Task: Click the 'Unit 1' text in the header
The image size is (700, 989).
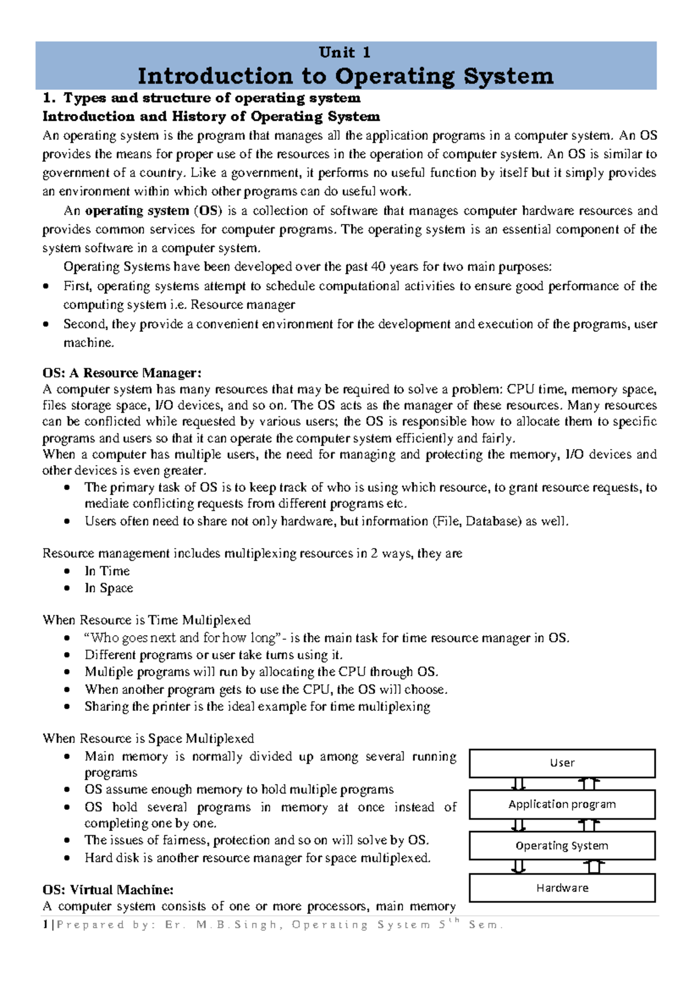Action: coord(345,52)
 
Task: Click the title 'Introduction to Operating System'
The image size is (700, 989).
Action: coord(345,76)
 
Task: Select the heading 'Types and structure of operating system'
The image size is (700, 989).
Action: coord(211,98)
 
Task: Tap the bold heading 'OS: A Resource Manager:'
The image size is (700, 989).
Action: coord(122,373)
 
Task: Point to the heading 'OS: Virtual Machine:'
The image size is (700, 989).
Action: coord(108,890)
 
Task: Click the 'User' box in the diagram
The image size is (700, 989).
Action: coord(562,763)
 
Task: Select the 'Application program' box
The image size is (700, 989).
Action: coord(562,805)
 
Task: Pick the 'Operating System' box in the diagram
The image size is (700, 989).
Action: coord(562,846)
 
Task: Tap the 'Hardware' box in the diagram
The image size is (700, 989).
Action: coord(562,888)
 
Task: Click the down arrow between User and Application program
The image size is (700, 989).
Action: coord(519,784)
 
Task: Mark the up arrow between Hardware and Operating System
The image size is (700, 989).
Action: coord(594,867)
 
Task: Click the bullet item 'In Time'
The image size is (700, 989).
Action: coord(107,571)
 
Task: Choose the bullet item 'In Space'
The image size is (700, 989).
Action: coord(109,588)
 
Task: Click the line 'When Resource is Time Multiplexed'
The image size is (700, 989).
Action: coord(146,620)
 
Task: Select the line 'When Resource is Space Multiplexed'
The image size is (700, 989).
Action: coord(148,738)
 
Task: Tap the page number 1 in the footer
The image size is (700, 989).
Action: coord(45,925)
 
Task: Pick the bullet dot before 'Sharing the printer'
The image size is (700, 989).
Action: coord(68,707)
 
